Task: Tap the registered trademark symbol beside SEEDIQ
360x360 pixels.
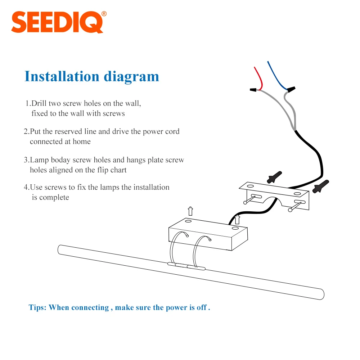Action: pos(104,14)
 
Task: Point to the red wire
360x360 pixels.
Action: pos(258,76)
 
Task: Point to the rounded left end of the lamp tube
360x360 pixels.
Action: pos(60,249)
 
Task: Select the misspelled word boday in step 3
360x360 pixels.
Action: pos(62,160)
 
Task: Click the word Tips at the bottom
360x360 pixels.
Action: pos(37,307)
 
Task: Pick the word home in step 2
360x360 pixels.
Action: pos(82,141)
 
